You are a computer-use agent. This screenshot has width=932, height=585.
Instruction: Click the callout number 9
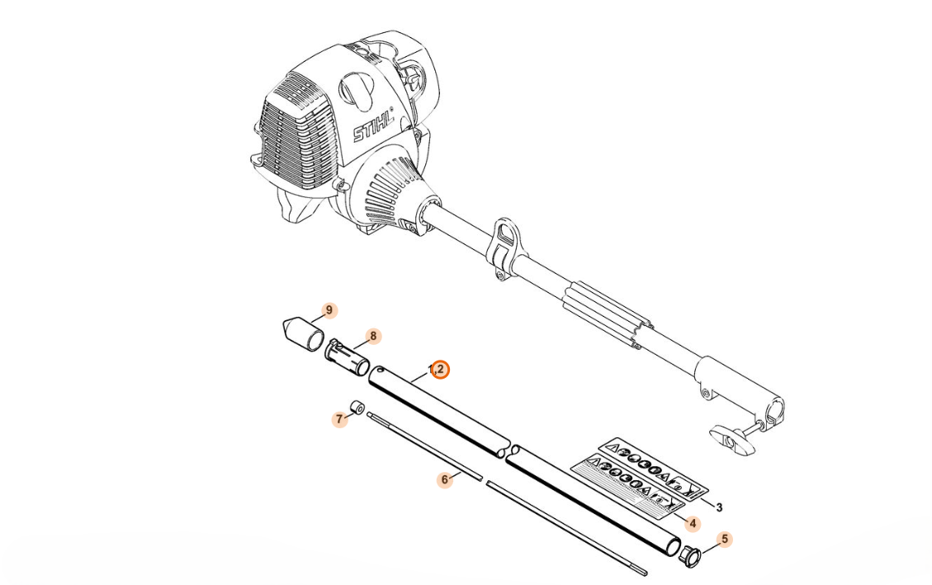(329, 310)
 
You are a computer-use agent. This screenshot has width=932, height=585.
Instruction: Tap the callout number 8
(373, 336)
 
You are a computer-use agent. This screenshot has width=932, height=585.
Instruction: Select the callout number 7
(339, 419)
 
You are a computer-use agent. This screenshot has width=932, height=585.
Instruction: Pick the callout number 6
(445, 479)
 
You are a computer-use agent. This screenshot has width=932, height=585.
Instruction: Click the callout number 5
(725, 540)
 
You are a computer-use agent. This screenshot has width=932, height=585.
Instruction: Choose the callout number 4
(692, 523)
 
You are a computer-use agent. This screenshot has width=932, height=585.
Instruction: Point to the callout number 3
(718, 507)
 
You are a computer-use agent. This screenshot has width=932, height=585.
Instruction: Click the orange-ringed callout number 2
(439, 370)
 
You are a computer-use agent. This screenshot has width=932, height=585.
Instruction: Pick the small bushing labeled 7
(357, 408)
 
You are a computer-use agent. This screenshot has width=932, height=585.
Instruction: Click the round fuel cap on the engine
(354, 87)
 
